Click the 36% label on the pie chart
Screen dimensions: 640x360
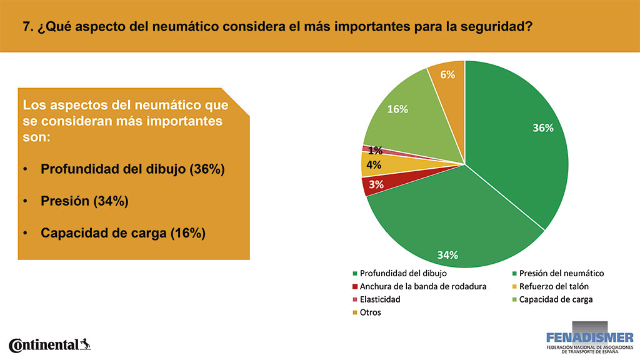tap(543, 127)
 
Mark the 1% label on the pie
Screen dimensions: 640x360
tap(375, 151)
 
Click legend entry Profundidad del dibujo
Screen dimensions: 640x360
tap(399, 274)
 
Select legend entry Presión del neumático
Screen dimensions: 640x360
tap(558, 274)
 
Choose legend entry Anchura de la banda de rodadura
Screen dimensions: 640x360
tap(419, 286)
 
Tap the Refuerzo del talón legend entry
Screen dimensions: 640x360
tap(550, 286)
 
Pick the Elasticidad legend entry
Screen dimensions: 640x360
tap(376, 299)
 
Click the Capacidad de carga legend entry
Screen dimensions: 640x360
tap(552, 299)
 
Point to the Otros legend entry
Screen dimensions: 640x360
tap(366, 312)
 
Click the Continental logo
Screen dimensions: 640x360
tap(49, 345)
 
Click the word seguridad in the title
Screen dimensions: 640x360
tap(496, 27)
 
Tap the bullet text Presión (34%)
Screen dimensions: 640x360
tap(84, 201)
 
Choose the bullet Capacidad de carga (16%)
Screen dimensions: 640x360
tap(123, 233)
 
